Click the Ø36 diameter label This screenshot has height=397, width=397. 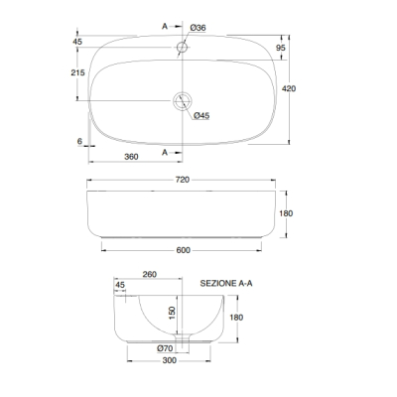198,28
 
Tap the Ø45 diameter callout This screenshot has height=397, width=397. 201,115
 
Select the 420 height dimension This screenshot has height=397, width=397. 289,88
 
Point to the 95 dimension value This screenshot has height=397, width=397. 281,48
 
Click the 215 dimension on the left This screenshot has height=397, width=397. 77,72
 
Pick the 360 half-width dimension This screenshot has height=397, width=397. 131,157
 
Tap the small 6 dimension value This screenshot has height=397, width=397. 79,141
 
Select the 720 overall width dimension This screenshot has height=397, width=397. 183,180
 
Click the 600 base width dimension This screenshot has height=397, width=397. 183,250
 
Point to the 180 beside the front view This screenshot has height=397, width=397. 286,213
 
